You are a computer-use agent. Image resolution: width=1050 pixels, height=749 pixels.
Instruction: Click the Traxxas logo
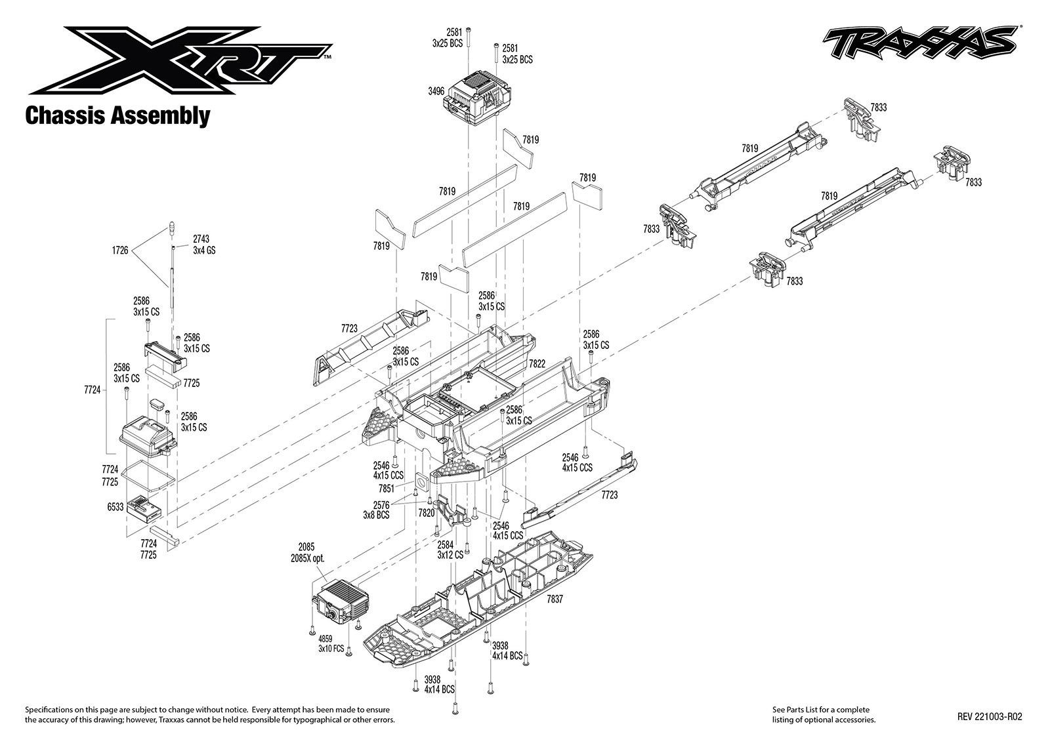point(921,45)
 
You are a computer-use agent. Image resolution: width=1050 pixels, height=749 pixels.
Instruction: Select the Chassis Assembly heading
point(117,115)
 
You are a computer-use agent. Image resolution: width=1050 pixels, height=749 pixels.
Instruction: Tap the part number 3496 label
point(436,91)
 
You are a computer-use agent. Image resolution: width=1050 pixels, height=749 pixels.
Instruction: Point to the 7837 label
point(555,599)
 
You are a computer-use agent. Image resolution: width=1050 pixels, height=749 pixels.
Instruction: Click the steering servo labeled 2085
point(340,605)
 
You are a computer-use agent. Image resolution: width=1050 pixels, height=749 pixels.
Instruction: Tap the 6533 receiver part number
point(115,507)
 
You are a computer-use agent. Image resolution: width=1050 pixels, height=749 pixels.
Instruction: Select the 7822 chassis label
point(537,363)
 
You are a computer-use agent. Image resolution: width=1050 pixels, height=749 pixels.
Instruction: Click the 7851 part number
point(387,489)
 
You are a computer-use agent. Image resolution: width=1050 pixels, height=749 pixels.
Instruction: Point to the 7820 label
point(427,513)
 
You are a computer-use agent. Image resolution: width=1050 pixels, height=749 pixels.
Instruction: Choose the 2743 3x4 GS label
point(204,245)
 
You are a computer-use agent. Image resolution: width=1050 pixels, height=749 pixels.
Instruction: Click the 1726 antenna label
point(120,250)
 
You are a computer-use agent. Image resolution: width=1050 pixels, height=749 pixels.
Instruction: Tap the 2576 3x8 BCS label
point(376,510)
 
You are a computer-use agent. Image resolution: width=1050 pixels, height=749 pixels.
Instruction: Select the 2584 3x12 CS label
point(450,550)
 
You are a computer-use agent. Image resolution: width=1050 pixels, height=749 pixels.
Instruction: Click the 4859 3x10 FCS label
point(331,644)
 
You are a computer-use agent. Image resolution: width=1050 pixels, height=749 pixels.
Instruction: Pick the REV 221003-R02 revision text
point(990,717)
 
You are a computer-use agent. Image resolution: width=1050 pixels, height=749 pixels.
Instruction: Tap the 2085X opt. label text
point(308,558)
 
